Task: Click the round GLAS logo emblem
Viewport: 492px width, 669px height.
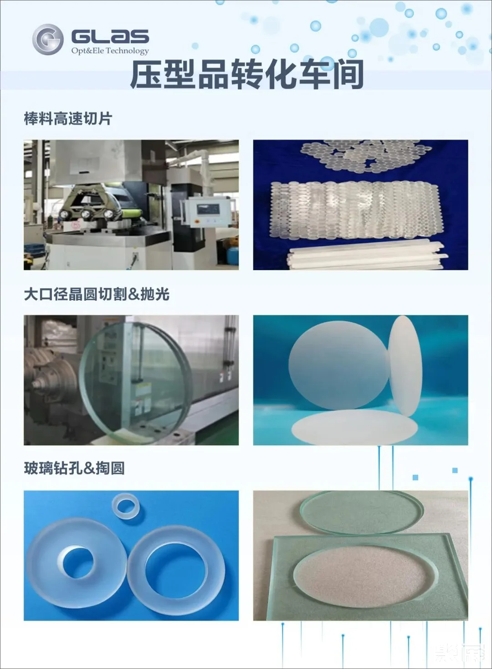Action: click(x=47, y=39)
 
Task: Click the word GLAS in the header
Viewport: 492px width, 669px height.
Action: click(x=110, y=37)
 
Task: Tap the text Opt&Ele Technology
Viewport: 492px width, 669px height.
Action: click(x=110, y=51)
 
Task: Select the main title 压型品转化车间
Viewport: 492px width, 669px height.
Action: click(x=246, y=74)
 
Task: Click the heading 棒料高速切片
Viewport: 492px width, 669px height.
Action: click(x=68, y=119)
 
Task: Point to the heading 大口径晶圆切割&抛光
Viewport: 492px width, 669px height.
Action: click(x=97, y=294)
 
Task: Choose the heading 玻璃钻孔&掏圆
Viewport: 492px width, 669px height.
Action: click(x=74, y=468)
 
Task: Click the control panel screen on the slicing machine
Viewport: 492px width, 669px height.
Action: click(x=207, y=210)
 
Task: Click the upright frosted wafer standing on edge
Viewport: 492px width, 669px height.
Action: click(x=405, y=365)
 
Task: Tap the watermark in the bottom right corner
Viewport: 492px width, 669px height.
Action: click(x=460, y=654)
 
